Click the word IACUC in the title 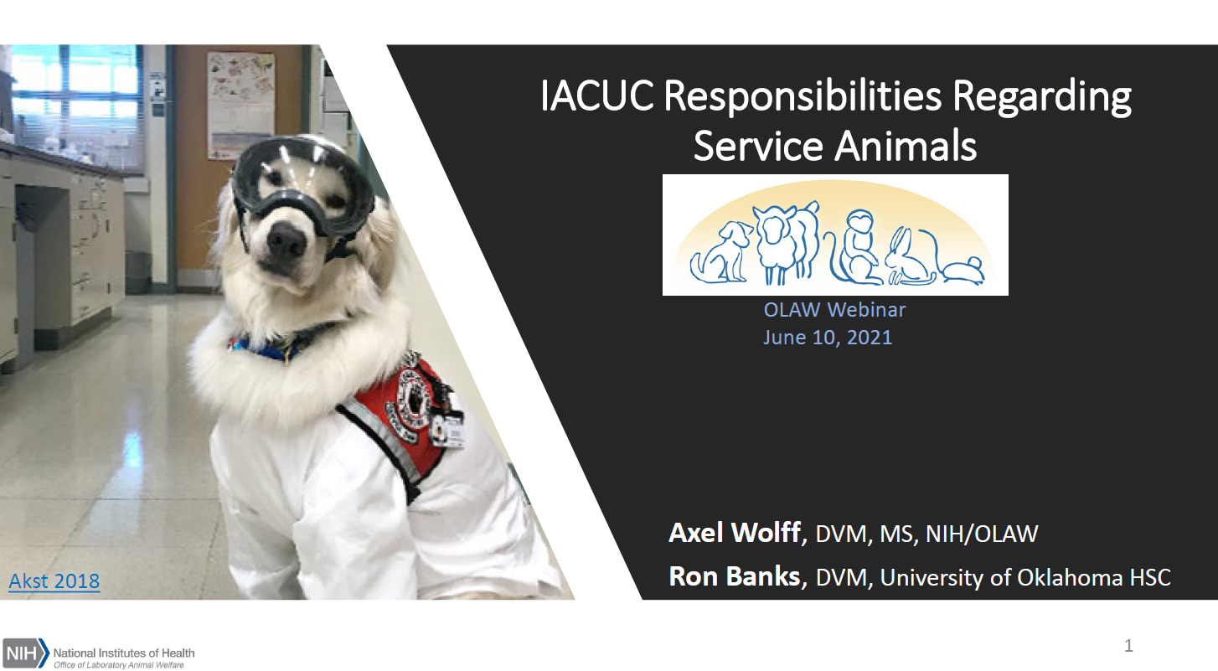(596, 96)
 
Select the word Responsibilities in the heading (803, 96)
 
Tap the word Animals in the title (906, 146)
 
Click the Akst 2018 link (54, 581)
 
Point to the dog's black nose (286, 240)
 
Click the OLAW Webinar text (834, 310)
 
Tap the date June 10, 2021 (828, 338)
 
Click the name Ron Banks (735, 576)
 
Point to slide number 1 (1128, 645)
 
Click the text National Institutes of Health (124, 653)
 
